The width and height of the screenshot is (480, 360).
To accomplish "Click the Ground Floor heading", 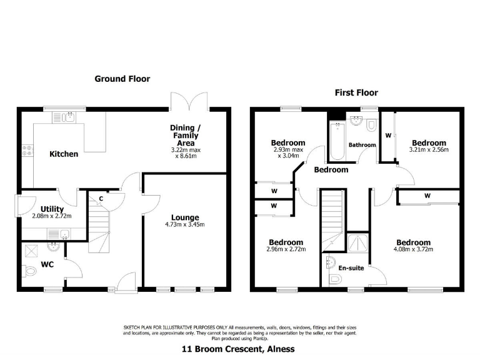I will pyautogui.click(x=122, y=79).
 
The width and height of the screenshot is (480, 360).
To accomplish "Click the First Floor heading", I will pyautogui.click(x=356, y=92).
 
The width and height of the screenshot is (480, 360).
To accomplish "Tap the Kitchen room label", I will pyautogui.click(x=64, y=154).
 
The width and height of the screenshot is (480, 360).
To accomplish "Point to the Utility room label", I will pyautogui.click(x=52, y=209).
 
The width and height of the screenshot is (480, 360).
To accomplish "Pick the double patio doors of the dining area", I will pyautogui.click(x=188, y=100).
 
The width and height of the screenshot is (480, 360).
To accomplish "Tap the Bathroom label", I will pyautogui.click(x=362, y=145).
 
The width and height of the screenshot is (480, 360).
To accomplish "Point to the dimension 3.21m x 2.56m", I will pyautogui.click(x=429, y=150).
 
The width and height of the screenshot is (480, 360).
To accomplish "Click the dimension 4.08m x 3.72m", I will pyautogui.click(x=413, y=249).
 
